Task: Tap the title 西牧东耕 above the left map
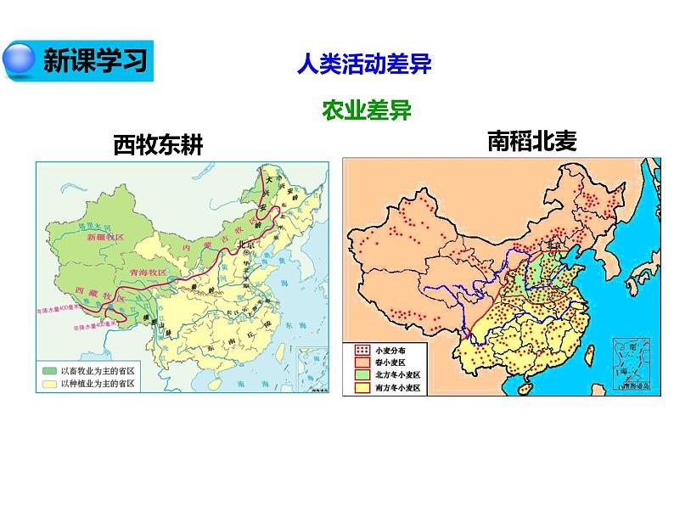point(158,145)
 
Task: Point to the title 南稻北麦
point(531,139)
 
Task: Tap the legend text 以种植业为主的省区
point(100,384)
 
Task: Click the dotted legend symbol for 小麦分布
point(361,349)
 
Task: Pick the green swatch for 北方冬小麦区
point(361,374)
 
